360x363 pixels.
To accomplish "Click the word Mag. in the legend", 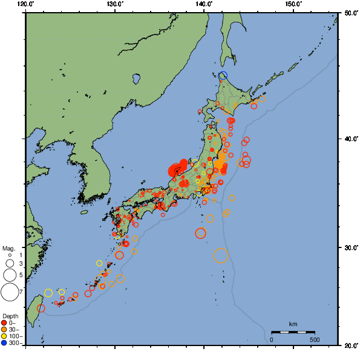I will point(8,248).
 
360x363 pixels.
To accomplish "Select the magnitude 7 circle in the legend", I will point(9,292).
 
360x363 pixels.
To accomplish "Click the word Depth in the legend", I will point(10,316).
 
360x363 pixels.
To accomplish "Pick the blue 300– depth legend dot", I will point(4,343).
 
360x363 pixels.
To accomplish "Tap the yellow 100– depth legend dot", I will point(4,336).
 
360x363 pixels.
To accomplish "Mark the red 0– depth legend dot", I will point(4,323).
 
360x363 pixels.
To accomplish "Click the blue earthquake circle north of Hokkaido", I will point(223,75).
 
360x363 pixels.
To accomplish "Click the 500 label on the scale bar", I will point(314,340).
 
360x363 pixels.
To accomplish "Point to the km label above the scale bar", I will point(293,324).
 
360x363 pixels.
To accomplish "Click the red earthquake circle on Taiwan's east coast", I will point(41,308).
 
